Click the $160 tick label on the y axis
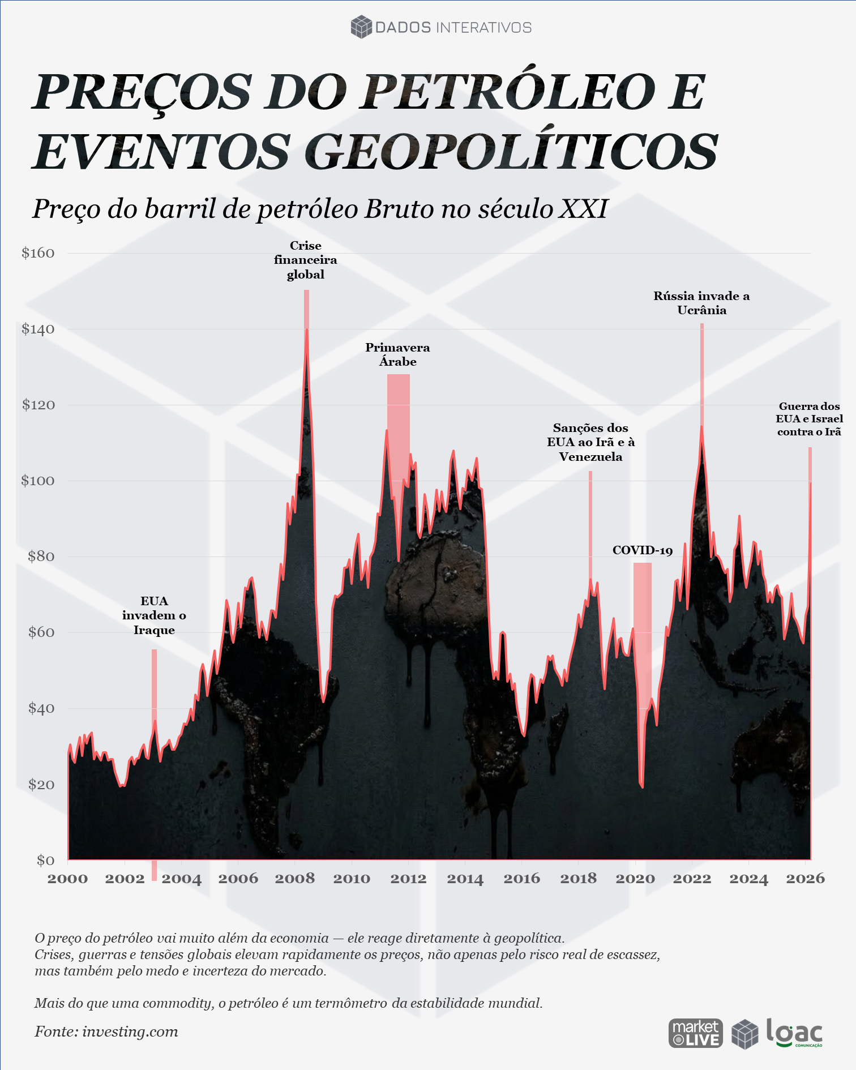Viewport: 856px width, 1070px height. click(x=38, y=253)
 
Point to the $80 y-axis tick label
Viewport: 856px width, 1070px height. click(x=41, y=557)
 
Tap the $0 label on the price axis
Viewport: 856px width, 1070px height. click(x=46, y=861)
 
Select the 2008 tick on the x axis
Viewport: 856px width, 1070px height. click(x=294, y=879)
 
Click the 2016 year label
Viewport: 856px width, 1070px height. click(x=521, y=879)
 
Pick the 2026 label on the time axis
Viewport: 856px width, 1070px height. click(x=806, y=879)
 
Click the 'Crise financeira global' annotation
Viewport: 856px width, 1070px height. click(x=306, y=260)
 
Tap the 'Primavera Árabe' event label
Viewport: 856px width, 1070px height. click(x=397, y=354)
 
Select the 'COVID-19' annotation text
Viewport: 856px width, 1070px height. click(x=643, y=550)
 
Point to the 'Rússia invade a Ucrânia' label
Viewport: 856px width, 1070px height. click(x=701, y=303)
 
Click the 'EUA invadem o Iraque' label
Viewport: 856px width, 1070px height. click(x=154, y=615)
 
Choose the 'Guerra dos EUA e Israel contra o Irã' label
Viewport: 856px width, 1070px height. click(x=810, y=419)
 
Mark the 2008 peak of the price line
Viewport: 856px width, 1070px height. click(x=307, y=329)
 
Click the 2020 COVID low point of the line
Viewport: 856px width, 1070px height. click(x=642, y=787)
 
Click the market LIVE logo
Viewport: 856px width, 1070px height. click(x=696, y=1033)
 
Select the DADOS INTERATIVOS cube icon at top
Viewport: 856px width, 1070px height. click(x=361, y=27)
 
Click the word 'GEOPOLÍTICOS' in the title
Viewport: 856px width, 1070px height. click(x=512, y=152)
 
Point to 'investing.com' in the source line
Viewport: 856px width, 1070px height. click(x=130, y=1032)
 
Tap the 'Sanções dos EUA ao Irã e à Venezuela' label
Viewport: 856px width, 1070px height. click(x=590, y=442)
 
